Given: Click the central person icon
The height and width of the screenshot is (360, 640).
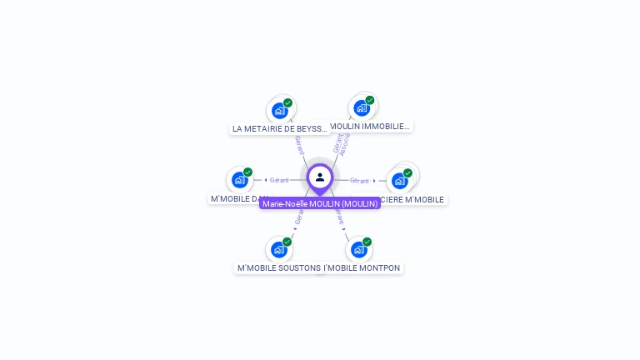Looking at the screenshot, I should pos(320,177).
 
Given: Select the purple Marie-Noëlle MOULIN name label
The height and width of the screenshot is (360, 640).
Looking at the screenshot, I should pos(320,203).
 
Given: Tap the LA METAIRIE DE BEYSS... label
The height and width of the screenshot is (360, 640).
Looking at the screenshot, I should pos(280,129).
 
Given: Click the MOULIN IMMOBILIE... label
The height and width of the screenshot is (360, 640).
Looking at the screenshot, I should pos(370,127).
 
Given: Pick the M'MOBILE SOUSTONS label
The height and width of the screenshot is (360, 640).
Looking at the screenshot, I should pos(278,268).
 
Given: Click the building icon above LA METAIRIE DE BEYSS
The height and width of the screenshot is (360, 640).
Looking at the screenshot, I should pos(280,110).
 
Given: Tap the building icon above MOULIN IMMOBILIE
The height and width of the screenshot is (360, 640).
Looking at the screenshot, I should pos(362,107).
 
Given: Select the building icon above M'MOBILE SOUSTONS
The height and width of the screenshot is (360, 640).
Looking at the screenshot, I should pos(278,249).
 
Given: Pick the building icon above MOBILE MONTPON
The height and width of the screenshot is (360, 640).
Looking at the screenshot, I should pos(358,249).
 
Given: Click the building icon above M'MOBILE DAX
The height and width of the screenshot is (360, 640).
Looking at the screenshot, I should pos(240,180).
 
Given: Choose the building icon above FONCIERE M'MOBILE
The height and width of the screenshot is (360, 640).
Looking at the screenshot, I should pos(400,180).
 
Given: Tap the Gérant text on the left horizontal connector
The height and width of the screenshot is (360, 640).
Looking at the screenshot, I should pos(279,180).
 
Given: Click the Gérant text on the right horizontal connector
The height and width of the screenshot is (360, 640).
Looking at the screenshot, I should pos(359,180).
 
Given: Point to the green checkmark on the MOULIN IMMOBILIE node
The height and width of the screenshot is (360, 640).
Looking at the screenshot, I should pos(370,100).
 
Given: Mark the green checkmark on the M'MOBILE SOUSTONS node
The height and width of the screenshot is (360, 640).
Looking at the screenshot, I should pos(287,242).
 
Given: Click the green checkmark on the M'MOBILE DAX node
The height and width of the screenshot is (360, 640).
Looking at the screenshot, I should pos(247,172).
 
